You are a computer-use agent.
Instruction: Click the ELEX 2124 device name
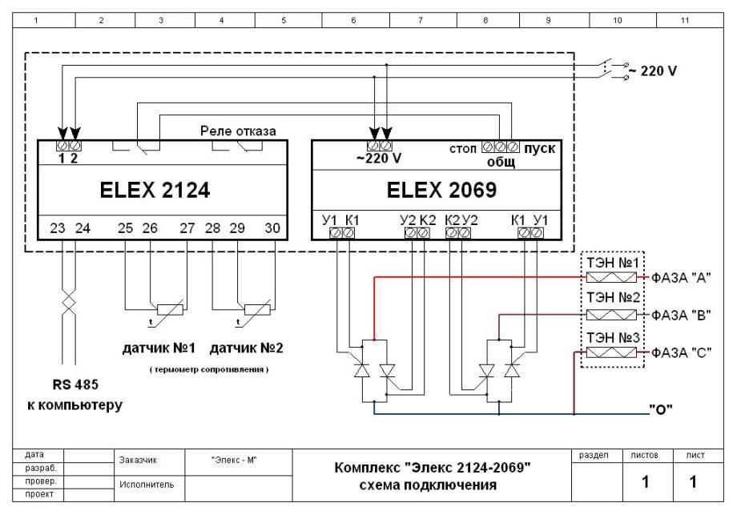pyautogui.click(x=155, y=191)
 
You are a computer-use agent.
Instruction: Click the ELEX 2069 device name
pyautogui.click(x=441, y=191)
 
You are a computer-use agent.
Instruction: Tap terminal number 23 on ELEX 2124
pyautogui.click(x=58, y=228)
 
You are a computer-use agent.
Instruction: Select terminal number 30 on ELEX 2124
pyautogui.click(x=272, y=228)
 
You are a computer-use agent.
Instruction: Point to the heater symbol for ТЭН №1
pyautogui.click(x=611, y=277)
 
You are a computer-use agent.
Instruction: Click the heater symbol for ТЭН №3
pyautogui.click(x=611, y=352)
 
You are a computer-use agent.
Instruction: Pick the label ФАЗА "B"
pyautogui.click(x=681, y=315)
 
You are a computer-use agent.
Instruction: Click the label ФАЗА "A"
pyautogui.click(x=681, y=278)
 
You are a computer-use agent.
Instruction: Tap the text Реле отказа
pyautogui.click(x=238, y=131)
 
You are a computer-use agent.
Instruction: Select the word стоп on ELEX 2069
pyautogui.click(x=462, y=149)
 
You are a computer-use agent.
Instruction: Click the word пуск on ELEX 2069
pyautogui.click(x=540, y=149)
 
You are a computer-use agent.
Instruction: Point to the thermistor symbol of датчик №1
pyautogui.click(x=170, y=310)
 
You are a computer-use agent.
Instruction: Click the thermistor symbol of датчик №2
pyautogui.click(x=257, y=310)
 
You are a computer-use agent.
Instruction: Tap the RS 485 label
pyautogui.click(x=75, y=384)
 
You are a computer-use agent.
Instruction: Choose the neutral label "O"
pyautogui.click(x=661, y=410)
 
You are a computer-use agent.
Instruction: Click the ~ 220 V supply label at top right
pyautogui.click(x=653, y=71)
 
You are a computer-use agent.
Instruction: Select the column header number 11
pyautogui.click(x=685, y=20)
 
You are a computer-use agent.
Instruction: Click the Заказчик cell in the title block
pyautogui.click(x=138, y=461)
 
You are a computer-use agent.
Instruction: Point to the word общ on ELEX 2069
pyautogui.click(x=501, y=163)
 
